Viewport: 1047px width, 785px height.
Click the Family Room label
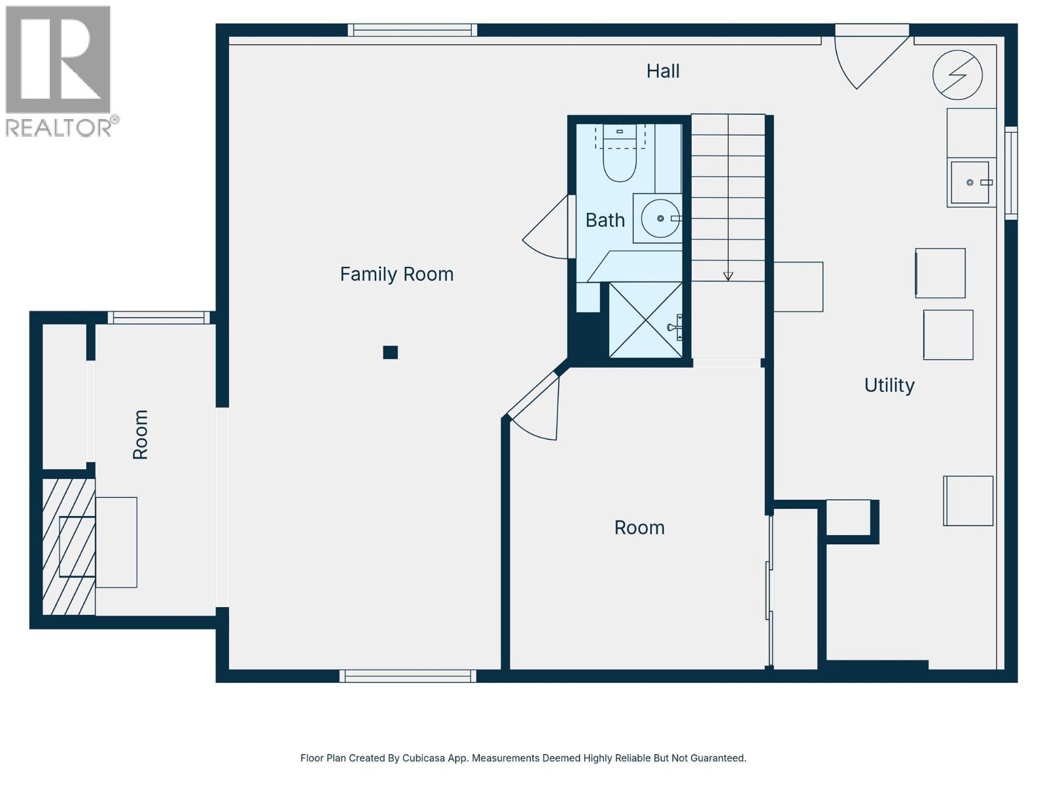pyautogui.click(x=397, y=274)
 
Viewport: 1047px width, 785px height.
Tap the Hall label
pyautogui.click(x=663, y=71)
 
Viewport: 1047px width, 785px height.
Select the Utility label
pyautogui.click(x=889, y=385)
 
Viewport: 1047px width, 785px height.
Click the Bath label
pyautogui.click(x=605, y=220)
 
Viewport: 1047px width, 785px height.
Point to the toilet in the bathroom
pyautogui.click(x=619, y=160)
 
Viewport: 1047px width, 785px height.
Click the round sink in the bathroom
pyautogui.click(x=660, y=218)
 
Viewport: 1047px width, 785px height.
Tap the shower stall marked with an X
pyautogui.click(x=645, y=320)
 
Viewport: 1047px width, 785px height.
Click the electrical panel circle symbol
pyautogui.click(x=957, y=75)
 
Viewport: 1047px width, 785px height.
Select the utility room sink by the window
pyautogui.click(x=970, y=183)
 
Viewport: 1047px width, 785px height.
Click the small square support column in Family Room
pyautogui.click(x=391, y=353)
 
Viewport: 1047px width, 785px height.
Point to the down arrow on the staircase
pyautogui.click(x=728, y=275)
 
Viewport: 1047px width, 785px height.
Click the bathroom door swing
pyautogui.click(x=546, y=229)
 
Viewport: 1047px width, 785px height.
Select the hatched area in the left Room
pyautogui.click(x=69, y=547)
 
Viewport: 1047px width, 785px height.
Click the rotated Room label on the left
pyautogui.click(x=140, y=434)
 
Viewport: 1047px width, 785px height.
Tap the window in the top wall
pyautogui.click(x=412, y=30)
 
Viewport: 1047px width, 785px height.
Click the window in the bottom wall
pyautogui.click(x=408, y=676)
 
